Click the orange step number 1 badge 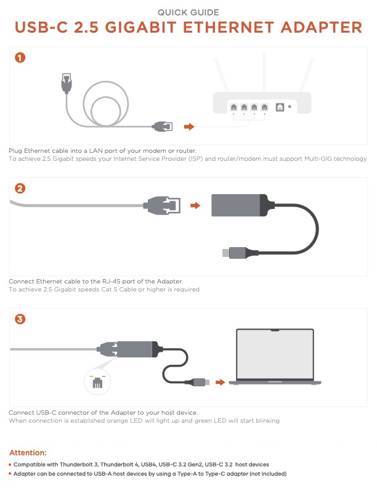click(x=20, y=57)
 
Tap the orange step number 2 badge click(x=20, y=189)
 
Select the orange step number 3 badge click(x=20, y=319)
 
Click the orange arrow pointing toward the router click(x=189, y=127)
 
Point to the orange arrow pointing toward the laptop click(x=221, y=382)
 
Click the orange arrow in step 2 click(x=195, y=205)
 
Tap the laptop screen click(x=275, y=354)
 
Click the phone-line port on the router click(x=280, y=107)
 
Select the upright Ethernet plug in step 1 click(x=67, y=83)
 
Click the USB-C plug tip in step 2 click(x=226, y=253)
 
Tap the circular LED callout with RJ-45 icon click(x=97, y=381)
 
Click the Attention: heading click(x=28, y=452)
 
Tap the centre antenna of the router click(x=264, y=72)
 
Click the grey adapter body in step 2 click(x=236, y=205)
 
